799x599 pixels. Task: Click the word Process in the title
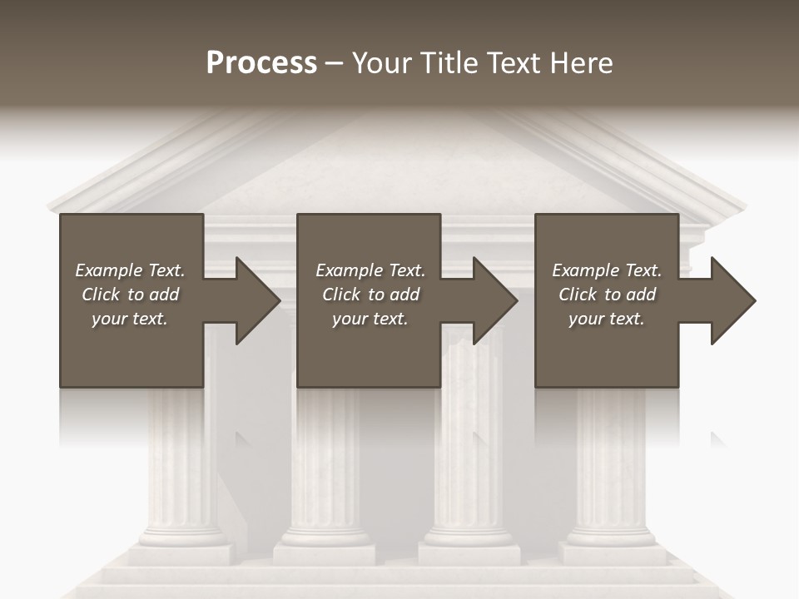(261, 63)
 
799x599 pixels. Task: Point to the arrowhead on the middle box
(494, 300)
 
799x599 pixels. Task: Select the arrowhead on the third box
(732, 300)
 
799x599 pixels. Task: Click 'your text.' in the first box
(130, 319)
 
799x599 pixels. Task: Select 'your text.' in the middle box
(370, 319)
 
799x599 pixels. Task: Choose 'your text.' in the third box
(607, 319)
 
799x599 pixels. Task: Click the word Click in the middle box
(341, 295)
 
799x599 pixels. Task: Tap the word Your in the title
(382, 63)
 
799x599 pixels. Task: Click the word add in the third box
(639, 295)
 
